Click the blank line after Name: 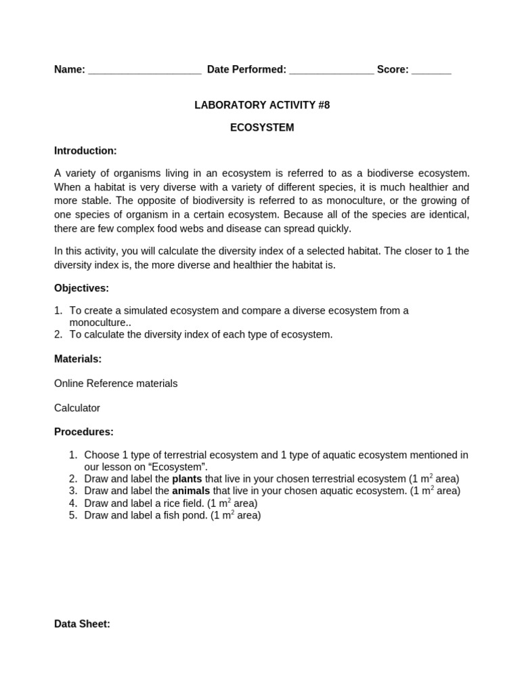pos(144,70)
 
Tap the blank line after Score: pos(431,70)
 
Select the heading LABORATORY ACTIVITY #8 pos(262,105)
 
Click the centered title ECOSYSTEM pos(262,127)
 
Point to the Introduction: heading pos(85,150)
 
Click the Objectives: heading pos(81,288)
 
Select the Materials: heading pos(78,359)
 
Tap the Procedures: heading pos(84,432)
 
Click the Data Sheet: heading pos(82,624)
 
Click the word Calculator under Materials pos(77,408)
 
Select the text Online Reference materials pos(116,384)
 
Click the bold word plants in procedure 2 pos(187,479)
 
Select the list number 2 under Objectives pos(58,334)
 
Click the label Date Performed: pos(246,70)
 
